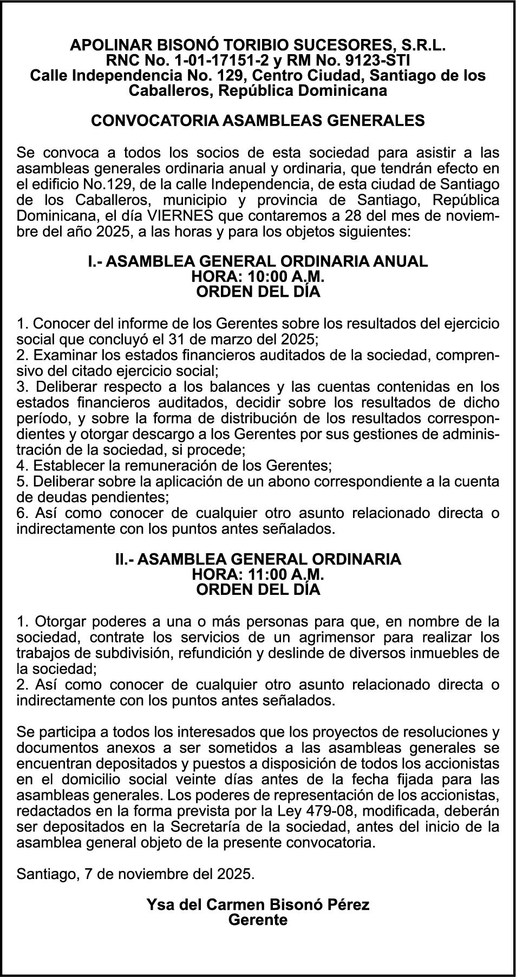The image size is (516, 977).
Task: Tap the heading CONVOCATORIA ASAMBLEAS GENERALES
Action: click(258, 120)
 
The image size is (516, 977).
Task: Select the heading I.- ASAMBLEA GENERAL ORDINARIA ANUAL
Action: click(258, 261)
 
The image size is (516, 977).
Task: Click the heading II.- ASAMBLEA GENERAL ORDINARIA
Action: click(258, 559)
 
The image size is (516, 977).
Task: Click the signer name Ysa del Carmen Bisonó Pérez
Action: click(258, 904)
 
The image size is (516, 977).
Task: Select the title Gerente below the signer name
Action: click(258, 920)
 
